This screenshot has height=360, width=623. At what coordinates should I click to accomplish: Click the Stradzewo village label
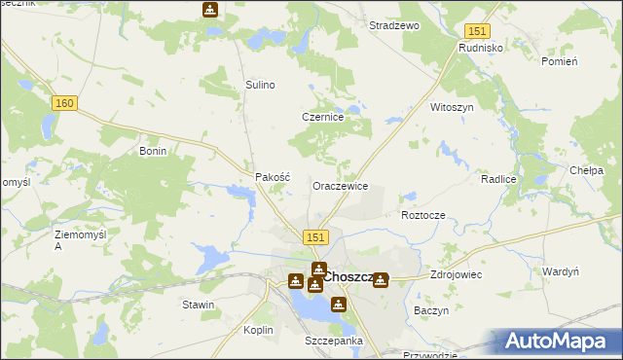pos(393,25)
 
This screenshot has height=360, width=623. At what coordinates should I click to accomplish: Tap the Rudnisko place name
pos(479,47)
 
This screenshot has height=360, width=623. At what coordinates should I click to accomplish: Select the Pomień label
pos(560,61)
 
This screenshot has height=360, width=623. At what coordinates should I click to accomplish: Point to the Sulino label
pos(260,85)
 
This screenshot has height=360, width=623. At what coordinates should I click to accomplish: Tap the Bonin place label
pos(154,151)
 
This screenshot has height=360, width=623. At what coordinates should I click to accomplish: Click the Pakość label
pos(273,177)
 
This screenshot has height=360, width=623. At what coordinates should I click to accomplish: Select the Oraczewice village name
pos(340,185)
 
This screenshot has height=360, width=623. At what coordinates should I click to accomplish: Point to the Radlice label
pos(497,181)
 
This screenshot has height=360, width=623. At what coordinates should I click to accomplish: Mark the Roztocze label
pos(422,214)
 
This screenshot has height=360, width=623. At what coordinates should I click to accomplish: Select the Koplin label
pos(258,330)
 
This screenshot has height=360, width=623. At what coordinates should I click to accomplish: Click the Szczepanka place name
pos(334,341)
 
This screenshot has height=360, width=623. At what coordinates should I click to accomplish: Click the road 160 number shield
pos(65,103)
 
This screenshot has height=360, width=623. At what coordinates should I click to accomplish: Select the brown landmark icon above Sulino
pos(210,10)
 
